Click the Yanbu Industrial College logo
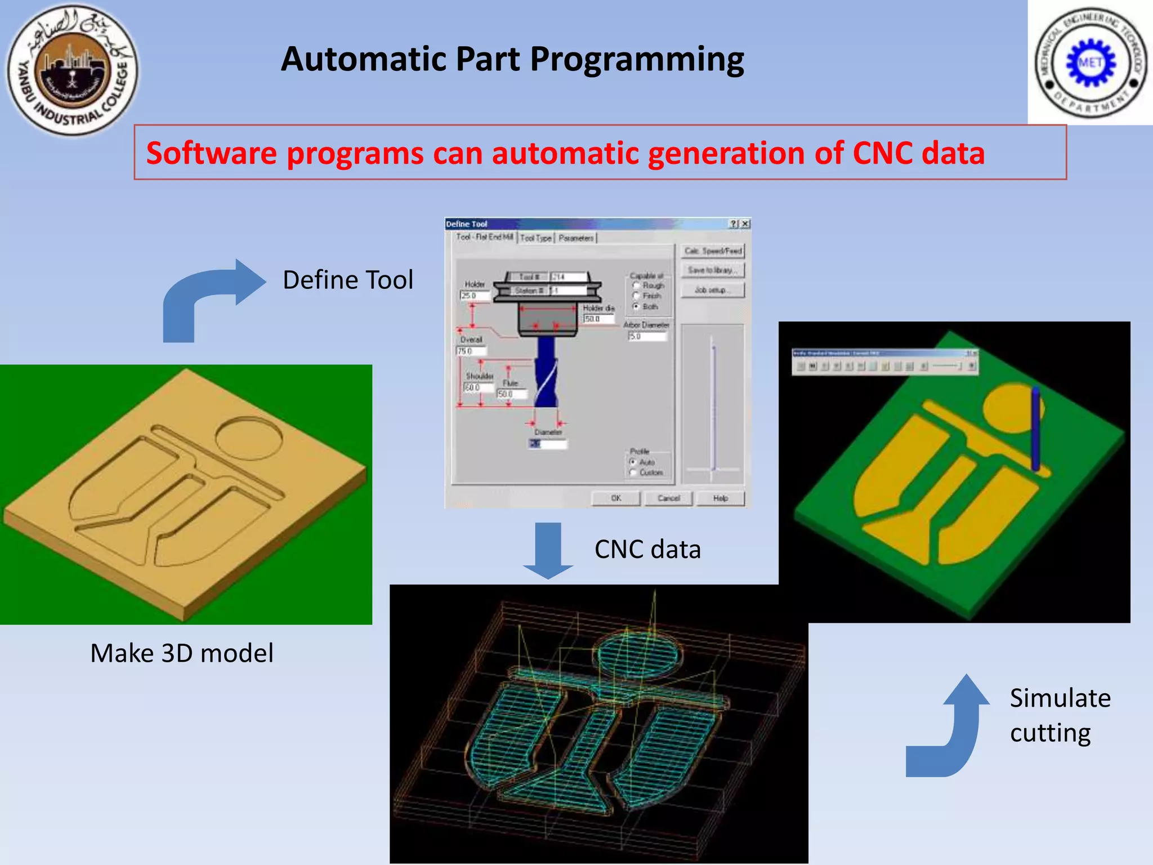(72, 70)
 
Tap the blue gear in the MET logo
(1091, 63)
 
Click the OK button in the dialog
(616, 498)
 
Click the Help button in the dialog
(720, 498)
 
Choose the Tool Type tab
(535, 238)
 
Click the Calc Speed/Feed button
(713, 251)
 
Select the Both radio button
(636, 306)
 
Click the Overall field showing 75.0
(471, 351)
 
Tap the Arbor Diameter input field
(647, 336)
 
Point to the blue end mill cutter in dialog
(546, 372)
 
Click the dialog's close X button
(745, 224)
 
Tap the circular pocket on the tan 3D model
(249, 438)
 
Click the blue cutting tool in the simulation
(1035, 428)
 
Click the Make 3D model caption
(182, 653)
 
